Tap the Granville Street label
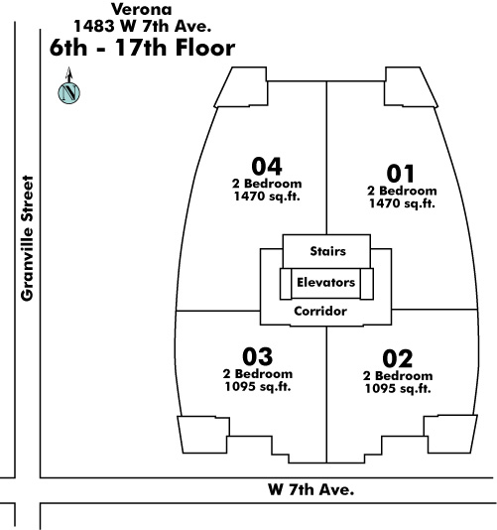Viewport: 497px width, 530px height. [28, 238]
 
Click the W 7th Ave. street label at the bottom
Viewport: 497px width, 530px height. [311, 489]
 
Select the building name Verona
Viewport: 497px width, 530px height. [142, 9]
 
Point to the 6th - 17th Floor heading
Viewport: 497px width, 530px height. [142, 48]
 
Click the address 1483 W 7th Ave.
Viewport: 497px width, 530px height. [143, 27]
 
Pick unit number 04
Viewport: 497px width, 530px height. [267, 166]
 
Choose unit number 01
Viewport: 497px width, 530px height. [401, 174]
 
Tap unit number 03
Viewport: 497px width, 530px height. [258, 356]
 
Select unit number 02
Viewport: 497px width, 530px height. [398, 358]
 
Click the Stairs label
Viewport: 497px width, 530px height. [327, 251]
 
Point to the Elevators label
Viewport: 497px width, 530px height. [326, 282]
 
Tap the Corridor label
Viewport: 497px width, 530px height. [320, 311]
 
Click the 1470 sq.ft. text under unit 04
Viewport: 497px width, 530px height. [267, 197]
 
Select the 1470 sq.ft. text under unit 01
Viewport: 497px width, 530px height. [402, 203]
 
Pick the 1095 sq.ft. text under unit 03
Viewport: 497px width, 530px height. [258, 386]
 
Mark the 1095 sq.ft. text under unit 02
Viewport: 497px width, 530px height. [398, 388]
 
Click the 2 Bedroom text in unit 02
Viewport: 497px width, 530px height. [398, 375]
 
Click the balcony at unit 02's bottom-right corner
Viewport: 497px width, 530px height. [451, 434]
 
